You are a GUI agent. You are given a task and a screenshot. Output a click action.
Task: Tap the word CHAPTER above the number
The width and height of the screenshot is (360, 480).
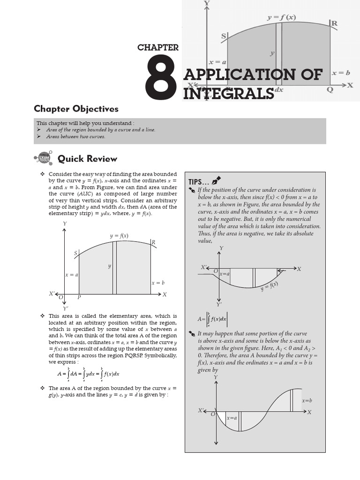[158, 47]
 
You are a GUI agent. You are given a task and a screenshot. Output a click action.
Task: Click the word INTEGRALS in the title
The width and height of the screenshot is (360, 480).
[228, 93]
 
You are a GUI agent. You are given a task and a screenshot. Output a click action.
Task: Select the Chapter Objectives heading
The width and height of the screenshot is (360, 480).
[76, 109]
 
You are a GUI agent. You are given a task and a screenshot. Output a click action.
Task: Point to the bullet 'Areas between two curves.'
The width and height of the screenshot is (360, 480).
[75, 136]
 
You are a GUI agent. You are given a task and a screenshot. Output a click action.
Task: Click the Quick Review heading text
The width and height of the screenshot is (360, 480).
[87, 158]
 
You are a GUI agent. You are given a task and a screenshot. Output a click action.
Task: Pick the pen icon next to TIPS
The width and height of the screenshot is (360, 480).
[216, 180]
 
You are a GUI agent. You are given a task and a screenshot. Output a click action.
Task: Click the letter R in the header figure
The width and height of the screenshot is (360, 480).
[334, 23]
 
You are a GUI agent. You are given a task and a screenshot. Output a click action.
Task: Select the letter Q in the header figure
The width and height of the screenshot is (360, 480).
[330, 90]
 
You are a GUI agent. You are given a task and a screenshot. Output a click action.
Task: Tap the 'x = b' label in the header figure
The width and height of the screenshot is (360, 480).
[341, 73]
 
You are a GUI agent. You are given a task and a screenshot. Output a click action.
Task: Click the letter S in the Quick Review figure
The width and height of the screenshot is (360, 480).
[75, 254]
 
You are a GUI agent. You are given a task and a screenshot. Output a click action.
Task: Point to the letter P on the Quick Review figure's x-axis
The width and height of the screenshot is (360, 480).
[79, 297]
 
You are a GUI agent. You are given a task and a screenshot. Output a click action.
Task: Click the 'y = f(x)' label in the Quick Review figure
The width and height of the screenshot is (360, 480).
[119, 236]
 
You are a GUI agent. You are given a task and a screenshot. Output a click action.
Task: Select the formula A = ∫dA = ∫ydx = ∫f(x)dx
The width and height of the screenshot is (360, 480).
[88, 374]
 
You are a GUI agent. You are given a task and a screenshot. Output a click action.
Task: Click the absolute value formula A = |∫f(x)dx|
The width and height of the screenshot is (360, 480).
[212, 319]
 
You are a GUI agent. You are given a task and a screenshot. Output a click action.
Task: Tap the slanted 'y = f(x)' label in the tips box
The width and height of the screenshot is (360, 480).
[270, 286]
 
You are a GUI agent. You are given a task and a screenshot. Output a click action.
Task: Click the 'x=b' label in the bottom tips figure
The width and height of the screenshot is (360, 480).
[307, 400]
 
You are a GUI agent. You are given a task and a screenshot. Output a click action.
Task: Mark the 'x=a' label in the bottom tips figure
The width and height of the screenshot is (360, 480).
[232, 418]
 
